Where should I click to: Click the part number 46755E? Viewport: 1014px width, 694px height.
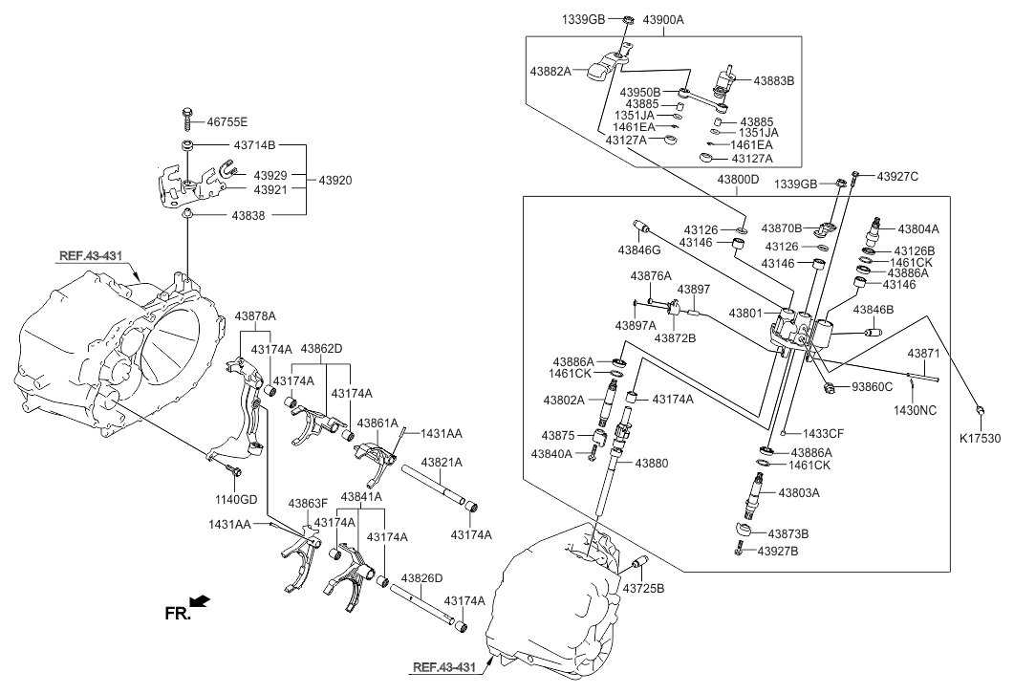[x=227, y=121]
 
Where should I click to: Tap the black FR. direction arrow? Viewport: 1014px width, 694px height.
[x=201, y=601]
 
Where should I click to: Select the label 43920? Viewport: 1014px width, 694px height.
[x=335, y=181]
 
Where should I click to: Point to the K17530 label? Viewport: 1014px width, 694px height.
[x=981, y=439]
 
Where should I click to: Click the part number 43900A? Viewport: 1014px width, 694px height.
[x=663, y=20]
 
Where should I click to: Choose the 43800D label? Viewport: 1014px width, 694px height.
[x=738, y=179]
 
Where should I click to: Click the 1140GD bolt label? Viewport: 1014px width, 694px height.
[x=236, y=499]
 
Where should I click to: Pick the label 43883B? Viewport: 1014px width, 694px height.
[x=773, y=81]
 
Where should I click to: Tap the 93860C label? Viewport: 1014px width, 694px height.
[x=872, y=387]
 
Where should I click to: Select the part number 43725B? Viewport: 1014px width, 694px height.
[x=643, y=589]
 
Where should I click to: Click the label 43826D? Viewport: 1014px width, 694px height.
[x=421, y=577]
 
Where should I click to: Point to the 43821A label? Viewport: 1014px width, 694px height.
[x=442, y=463]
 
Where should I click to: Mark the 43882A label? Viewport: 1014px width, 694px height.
[x=550, y=72]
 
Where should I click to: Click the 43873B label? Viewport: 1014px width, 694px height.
[x=788, y=533]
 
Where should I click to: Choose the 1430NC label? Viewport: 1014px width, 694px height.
[x=915, y=410]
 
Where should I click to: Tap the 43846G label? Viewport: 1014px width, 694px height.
[x=639, y=249]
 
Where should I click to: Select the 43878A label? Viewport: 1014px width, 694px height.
[x=255, y=316]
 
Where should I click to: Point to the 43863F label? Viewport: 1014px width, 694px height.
[x=308, y=503]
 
